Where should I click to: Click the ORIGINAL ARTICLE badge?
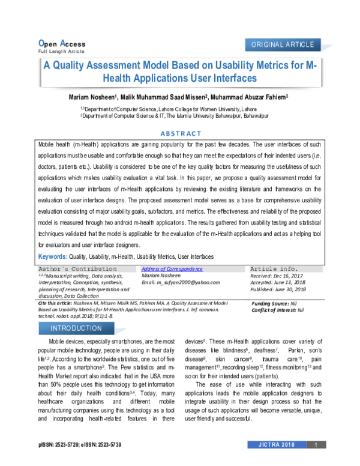click(x=283, y=45)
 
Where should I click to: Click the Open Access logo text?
click(x=61, y=44)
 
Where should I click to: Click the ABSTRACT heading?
click(x=179, y=135)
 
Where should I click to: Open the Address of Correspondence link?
click(x=172, y=269)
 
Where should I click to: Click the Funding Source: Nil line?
click(x=278, y=304)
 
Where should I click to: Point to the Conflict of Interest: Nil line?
click(x=278, y=310)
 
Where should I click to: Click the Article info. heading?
click(x=274, y=268)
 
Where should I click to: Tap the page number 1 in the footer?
click(x=316, y=461)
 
